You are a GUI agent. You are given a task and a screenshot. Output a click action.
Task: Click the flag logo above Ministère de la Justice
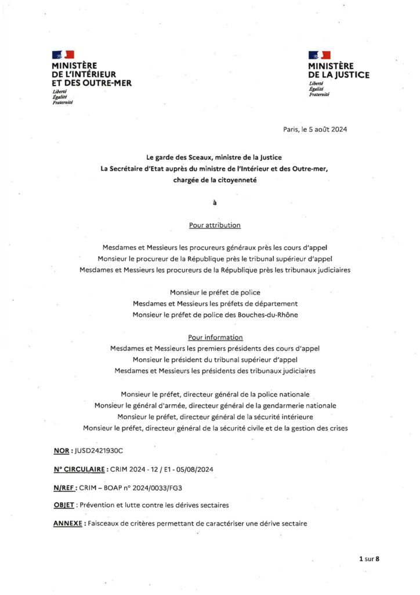[x=319, y=55]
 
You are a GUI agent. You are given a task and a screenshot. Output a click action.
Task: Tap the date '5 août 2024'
[x=328, y=130]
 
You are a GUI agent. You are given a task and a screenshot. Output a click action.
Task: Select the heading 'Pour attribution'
[x=215, y=225]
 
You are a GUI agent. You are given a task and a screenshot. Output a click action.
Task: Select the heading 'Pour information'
[x=215, y=338]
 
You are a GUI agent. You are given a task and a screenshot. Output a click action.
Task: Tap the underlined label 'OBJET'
[x=63, y=505]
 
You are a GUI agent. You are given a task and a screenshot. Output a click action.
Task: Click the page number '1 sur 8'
[x=368, y=559]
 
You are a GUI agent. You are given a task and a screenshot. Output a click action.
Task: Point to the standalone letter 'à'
[x=215, y=203]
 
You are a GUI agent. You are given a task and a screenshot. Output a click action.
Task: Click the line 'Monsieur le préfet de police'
[x=215, y=292]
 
